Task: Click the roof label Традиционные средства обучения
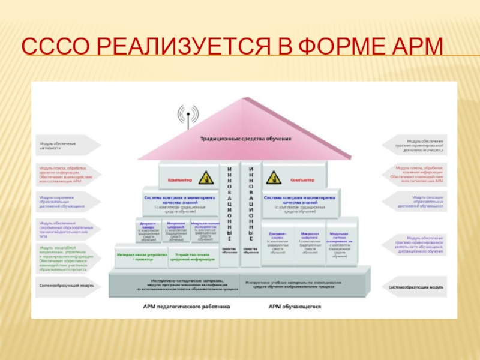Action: [x=246, y=139]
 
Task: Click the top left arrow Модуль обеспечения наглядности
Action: [x=66, y=145]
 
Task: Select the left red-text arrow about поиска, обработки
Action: [x=66, y=173]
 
